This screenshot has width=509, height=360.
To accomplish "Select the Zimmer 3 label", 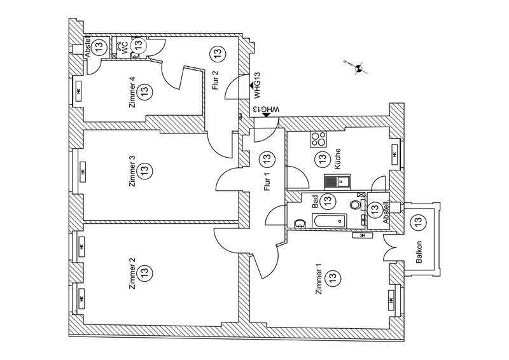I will (132, 170).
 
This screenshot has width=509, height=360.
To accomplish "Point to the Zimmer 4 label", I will (132, 93).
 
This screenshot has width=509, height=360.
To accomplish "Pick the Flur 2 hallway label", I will (215, 81).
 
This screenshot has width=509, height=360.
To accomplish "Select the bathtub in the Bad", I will (328, 221).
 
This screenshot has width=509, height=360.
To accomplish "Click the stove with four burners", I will (317, 138).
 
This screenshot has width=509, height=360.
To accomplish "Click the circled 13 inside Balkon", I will (418, 223).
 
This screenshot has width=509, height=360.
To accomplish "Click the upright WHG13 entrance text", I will (257, 86).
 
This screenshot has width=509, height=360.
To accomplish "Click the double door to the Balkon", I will (389, 247).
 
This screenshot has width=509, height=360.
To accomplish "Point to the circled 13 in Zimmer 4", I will (144, 92).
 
